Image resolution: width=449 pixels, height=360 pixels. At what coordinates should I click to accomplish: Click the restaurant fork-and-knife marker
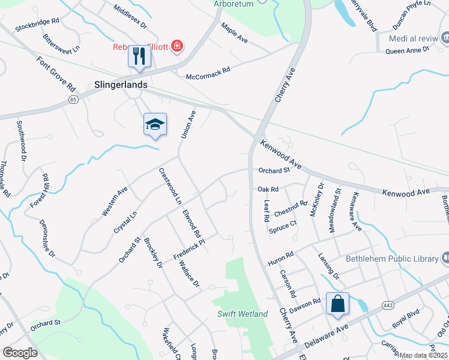click(x=139, y=57)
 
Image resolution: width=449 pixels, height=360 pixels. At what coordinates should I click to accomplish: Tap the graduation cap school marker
click(x=155, y=124)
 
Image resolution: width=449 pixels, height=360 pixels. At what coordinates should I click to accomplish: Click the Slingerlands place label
click(x=121, y=85)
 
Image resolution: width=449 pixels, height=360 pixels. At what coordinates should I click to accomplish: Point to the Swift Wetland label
click(x=243, y=314)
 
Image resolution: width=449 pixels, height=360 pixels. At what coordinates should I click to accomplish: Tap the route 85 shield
click(x=74, y=98)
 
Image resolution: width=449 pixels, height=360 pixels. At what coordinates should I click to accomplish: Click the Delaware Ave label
click(x=327, y=337)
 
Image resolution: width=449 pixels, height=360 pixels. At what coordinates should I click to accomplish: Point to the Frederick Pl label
click(x=189, y=250)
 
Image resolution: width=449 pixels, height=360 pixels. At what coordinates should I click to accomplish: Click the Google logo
click(x=20, y=353)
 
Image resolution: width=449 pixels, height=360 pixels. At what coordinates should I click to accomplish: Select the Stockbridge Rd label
click(x=37, y=23)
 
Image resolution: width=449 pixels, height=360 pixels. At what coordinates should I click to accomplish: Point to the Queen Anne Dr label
click(x=408, y=50)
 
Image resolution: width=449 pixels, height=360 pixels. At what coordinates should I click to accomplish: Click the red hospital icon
click(x=176, y=46)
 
